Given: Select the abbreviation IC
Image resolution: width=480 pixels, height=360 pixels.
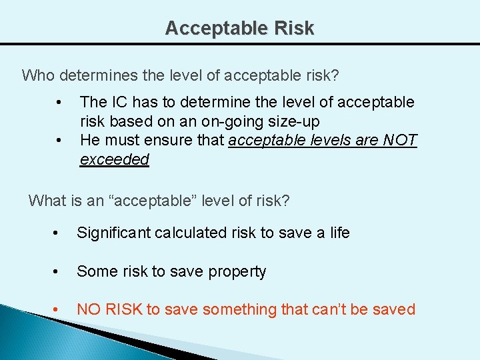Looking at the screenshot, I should point(120,102).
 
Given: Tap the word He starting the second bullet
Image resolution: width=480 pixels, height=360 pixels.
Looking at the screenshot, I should point(89,141).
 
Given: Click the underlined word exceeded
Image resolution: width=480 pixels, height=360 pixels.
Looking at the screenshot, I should point(115,160).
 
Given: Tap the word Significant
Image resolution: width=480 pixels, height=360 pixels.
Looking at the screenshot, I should point(113,233).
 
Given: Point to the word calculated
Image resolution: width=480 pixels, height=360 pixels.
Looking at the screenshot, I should point(186,233).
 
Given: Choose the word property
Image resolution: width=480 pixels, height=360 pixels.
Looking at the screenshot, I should point(237,272).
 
